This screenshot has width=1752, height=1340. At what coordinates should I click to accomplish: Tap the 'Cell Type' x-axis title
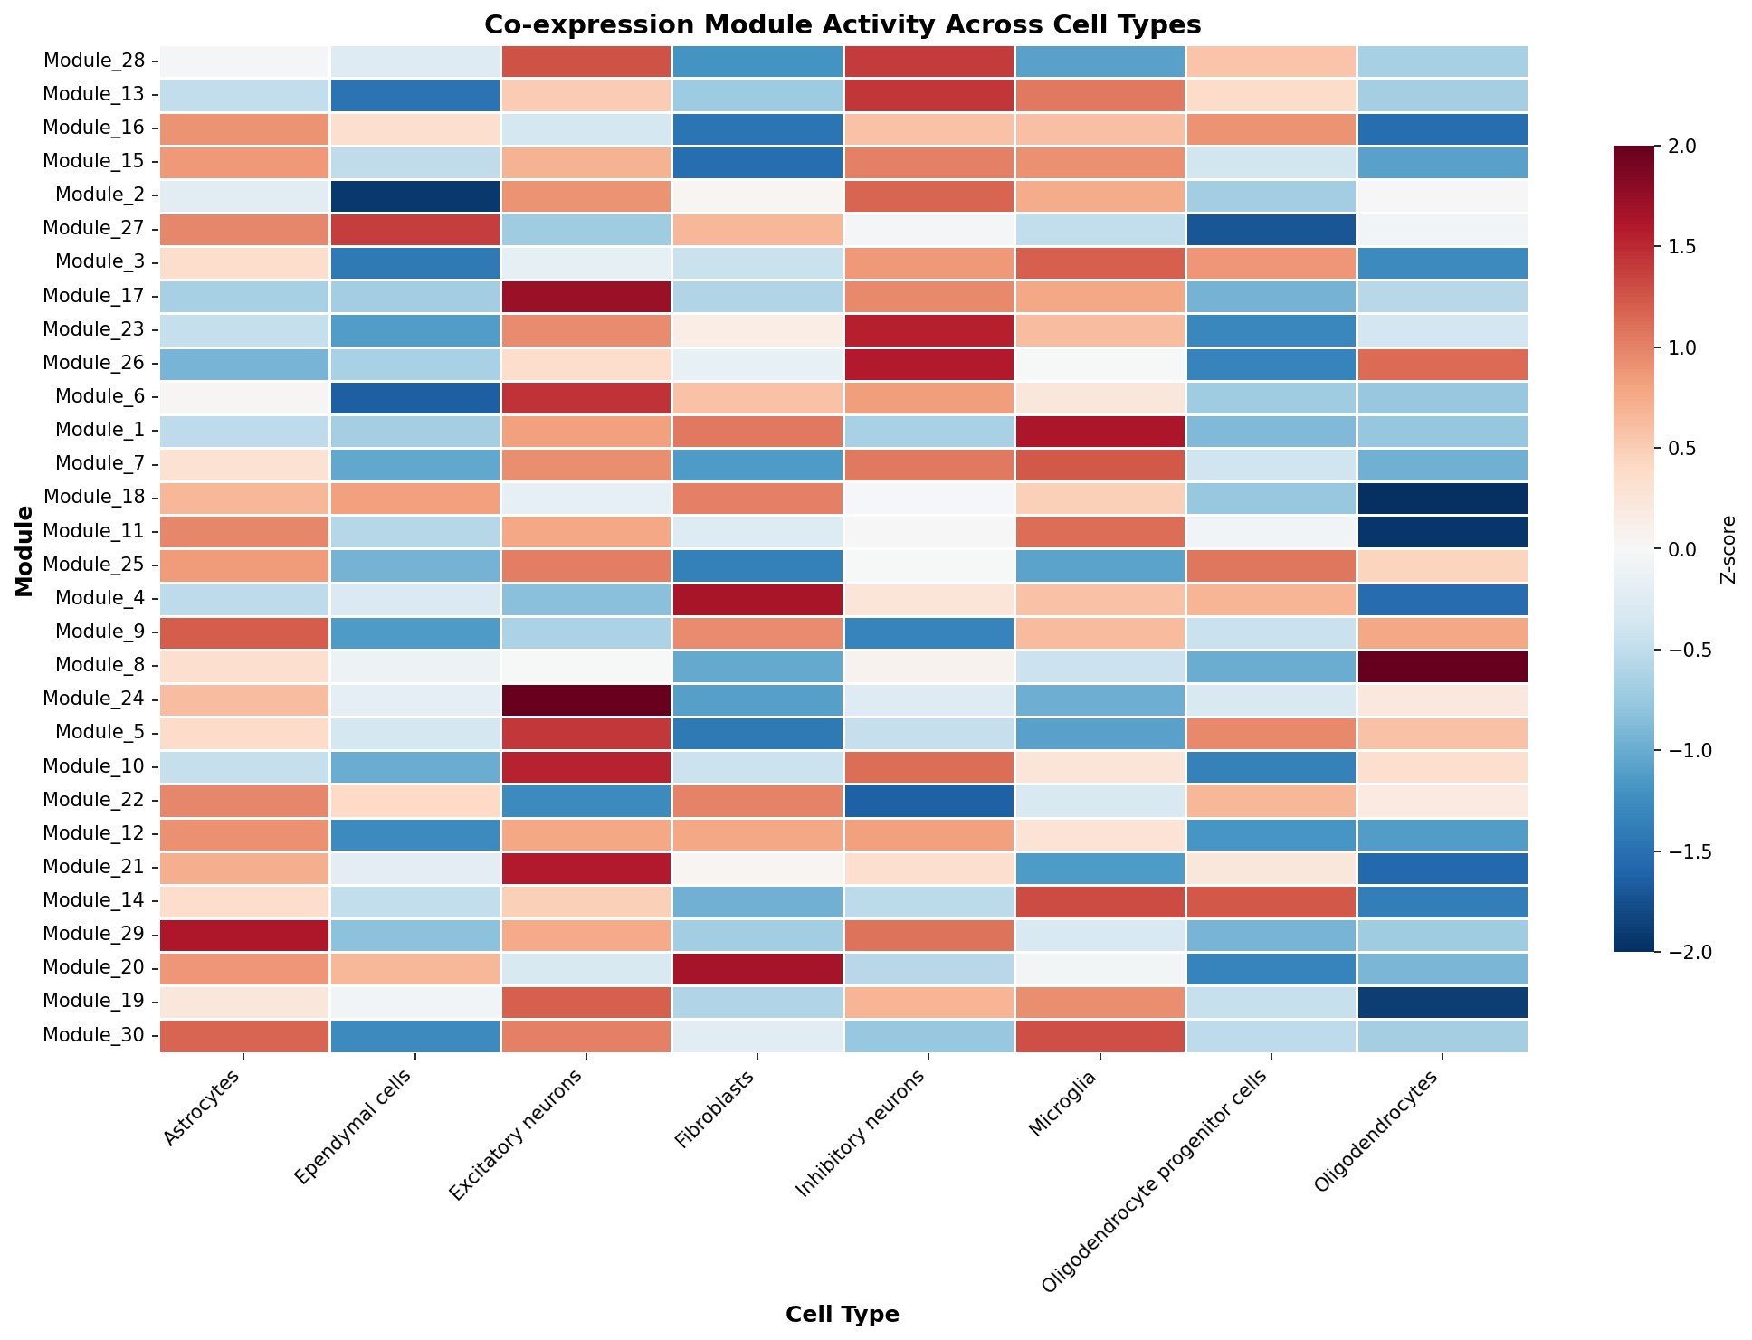[843, 1315]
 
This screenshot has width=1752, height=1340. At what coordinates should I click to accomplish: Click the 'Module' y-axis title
[24, 551]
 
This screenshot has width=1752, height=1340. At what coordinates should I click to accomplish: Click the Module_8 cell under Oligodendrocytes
[1443, 666]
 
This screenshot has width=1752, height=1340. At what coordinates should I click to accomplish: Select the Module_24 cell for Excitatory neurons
[586, 699]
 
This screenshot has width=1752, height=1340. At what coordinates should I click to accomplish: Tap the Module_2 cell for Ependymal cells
[415, 195]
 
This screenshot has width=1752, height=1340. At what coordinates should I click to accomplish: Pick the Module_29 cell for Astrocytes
[244, 935]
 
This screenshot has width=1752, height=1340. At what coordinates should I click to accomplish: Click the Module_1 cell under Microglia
[1100, 431]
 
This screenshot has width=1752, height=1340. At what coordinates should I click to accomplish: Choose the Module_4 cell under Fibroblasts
[757, 599]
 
